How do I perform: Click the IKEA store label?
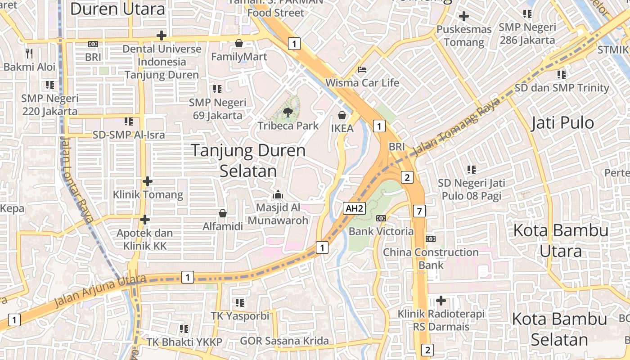342,128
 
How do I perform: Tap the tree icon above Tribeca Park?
288,112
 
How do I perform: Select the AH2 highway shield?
354,208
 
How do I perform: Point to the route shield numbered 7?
419,211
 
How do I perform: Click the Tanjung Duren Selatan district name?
248,160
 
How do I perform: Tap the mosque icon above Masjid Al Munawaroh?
278,194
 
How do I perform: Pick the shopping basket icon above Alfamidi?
222,213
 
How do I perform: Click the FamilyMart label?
239,57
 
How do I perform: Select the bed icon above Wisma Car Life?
362,69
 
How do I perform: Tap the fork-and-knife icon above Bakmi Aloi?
29,54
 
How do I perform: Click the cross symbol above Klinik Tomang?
147,181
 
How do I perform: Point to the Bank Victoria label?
381,231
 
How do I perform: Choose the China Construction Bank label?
431,258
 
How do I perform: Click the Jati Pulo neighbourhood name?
562,123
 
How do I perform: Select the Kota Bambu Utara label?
561,241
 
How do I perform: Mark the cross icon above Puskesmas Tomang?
463,17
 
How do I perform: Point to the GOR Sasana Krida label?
284,341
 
